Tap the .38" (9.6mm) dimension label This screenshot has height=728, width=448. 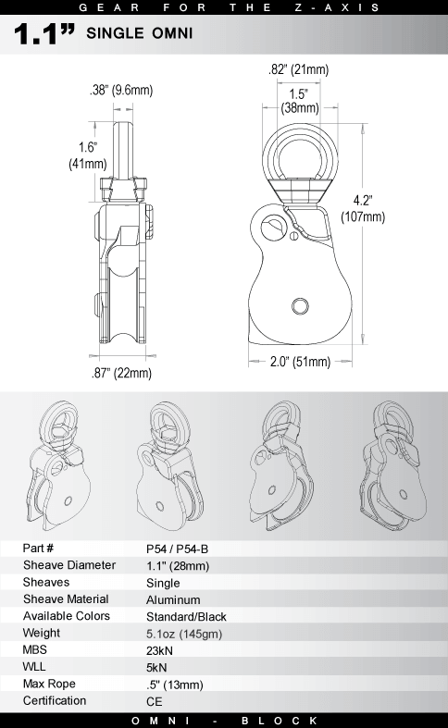pos(121,91)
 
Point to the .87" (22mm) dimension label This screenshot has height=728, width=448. pos(121,373)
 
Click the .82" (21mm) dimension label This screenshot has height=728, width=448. pos(298,70)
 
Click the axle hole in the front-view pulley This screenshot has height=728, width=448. pos(298,306)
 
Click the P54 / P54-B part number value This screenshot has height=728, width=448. pos(178,548)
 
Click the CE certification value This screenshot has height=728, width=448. pos(154,701)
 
